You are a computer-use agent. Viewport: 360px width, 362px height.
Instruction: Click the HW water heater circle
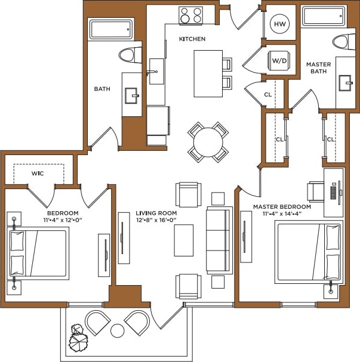point(279,24)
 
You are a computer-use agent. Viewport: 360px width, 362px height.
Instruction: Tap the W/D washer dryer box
point(279,60)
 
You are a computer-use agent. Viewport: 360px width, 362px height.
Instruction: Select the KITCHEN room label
point(192,39)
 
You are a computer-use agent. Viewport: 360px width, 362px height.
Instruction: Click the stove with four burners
point(192,15)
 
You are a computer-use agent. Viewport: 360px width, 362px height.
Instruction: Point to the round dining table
point(208,142)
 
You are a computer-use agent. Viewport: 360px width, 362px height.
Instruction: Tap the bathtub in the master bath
point(324,16)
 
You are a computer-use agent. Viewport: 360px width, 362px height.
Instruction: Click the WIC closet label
point(39,174)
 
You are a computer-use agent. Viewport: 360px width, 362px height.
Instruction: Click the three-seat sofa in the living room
point(219,239)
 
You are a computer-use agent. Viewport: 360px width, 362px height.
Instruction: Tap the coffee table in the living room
point(184,240)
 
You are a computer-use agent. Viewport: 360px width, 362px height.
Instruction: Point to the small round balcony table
point(118,330)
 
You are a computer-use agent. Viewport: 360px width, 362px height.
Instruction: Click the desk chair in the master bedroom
point(315,191)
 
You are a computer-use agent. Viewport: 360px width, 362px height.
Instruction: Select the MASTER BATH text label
point(318,68)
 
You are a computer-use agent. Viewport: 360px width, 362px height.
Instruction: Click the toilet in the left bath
point(127,55)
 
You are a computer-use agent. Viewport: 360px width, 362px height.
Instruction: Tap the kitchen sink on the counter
point(157,70)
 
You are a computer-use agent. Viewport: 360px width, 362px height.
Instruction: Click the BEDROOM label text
point(63,213)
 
